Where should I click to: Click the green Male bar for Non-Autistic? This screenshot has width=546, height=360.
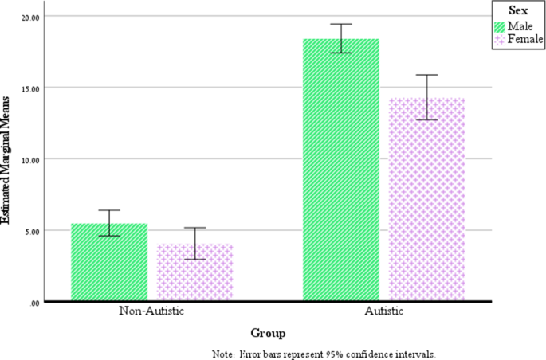[x=109, y=262]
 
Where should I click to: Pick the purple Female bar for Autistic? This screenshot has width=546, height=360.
[x=426, y=199]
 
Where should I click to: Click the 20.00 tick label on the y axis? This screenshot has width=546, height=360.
[x=32, y=17]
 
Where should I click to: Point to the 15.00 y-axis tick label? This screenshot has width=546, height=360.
[x=32, y=88]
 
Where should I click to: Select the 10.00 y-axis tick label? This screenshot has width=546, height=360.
[x=32, y=159]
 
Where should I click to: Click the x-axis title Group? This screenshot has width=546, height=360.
[x=268, y=333]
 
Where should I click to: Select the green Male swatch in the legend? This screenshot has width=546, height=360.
[x=500, y=26]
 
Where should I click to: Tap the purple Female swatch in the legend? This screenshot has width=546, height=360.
[x=500, y=38]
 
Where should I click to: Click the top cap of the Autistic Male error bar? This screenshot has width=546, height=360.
[x=341, y=24]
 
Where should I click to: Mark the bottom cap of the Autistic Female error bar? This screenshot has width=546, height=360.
[x=426, y=119]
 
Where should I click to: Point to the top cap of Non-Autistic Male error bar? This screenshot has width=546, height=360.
[x=109, y=210]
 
